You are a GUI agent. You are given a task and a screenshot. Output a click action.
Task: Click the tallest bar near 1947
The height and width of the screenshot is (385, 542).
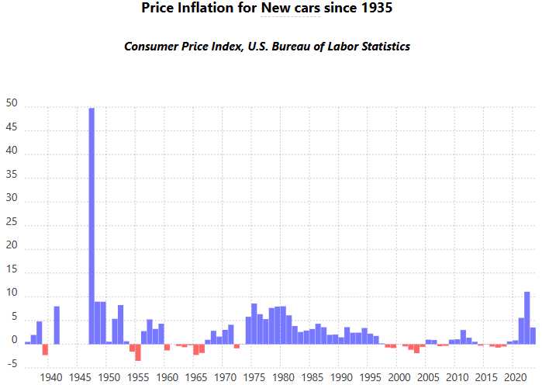click(x=91, y=225)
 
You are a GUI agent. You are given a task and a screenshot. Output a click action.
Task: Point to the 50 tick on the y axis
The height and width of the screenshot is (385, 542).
click(x=11, y=107)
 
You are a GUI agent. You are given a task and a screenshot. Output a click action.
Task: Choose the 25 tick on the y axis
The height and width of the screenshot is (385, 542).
click(x=11, y=226)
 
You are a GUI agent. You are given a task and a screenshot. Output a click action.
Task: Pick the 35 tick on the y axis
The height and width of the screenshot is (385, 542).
click(x=11, y=179)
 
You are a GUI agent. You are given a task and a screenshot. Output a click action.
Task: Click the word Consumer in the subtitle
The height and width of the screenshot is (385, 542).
click(x=152, y=47)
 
